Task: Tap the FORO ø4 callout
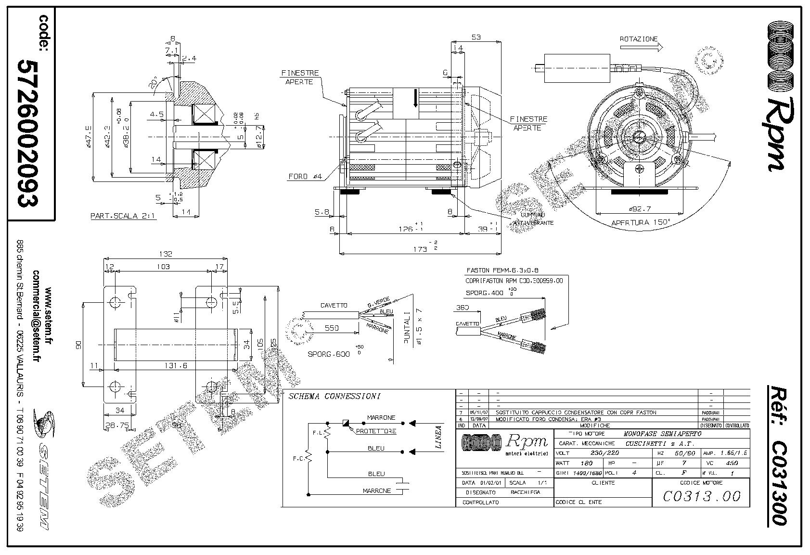click(x=305, y=177)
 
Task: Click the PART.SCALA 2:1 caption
click(x=123, y=216)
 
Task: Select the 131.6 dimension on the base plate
click(x=176, y=366)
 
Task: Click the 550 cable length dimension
click(x=332, y=328)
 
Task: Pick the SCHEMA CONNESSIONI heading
click(x=334, y=397)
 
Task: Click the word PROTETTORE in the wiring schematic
click(x=376, y=431)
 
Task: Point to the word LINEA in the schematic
click(x=438, y=437)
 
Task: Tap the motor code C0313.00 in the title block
click(x=701, y=496)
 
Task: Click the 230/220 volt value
click(x=604, y=453)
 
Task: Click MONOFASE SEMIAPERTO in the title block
click(x=662, y=434)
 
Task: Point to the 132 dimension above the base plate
click(x=165, y=254)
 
